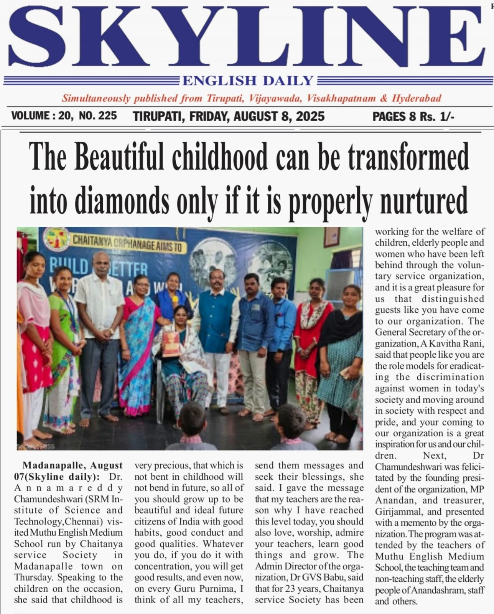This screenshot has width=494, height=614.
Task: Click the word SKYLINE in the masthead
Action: coord(245,36)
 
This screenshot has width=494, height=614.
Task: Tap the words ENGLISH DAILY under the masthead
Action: coord(248,81)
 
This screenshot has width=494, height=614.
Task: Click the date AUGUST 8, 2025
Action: coord(279,116)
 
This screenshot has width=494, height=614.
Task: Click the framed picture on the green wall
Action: coord(331,236)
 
